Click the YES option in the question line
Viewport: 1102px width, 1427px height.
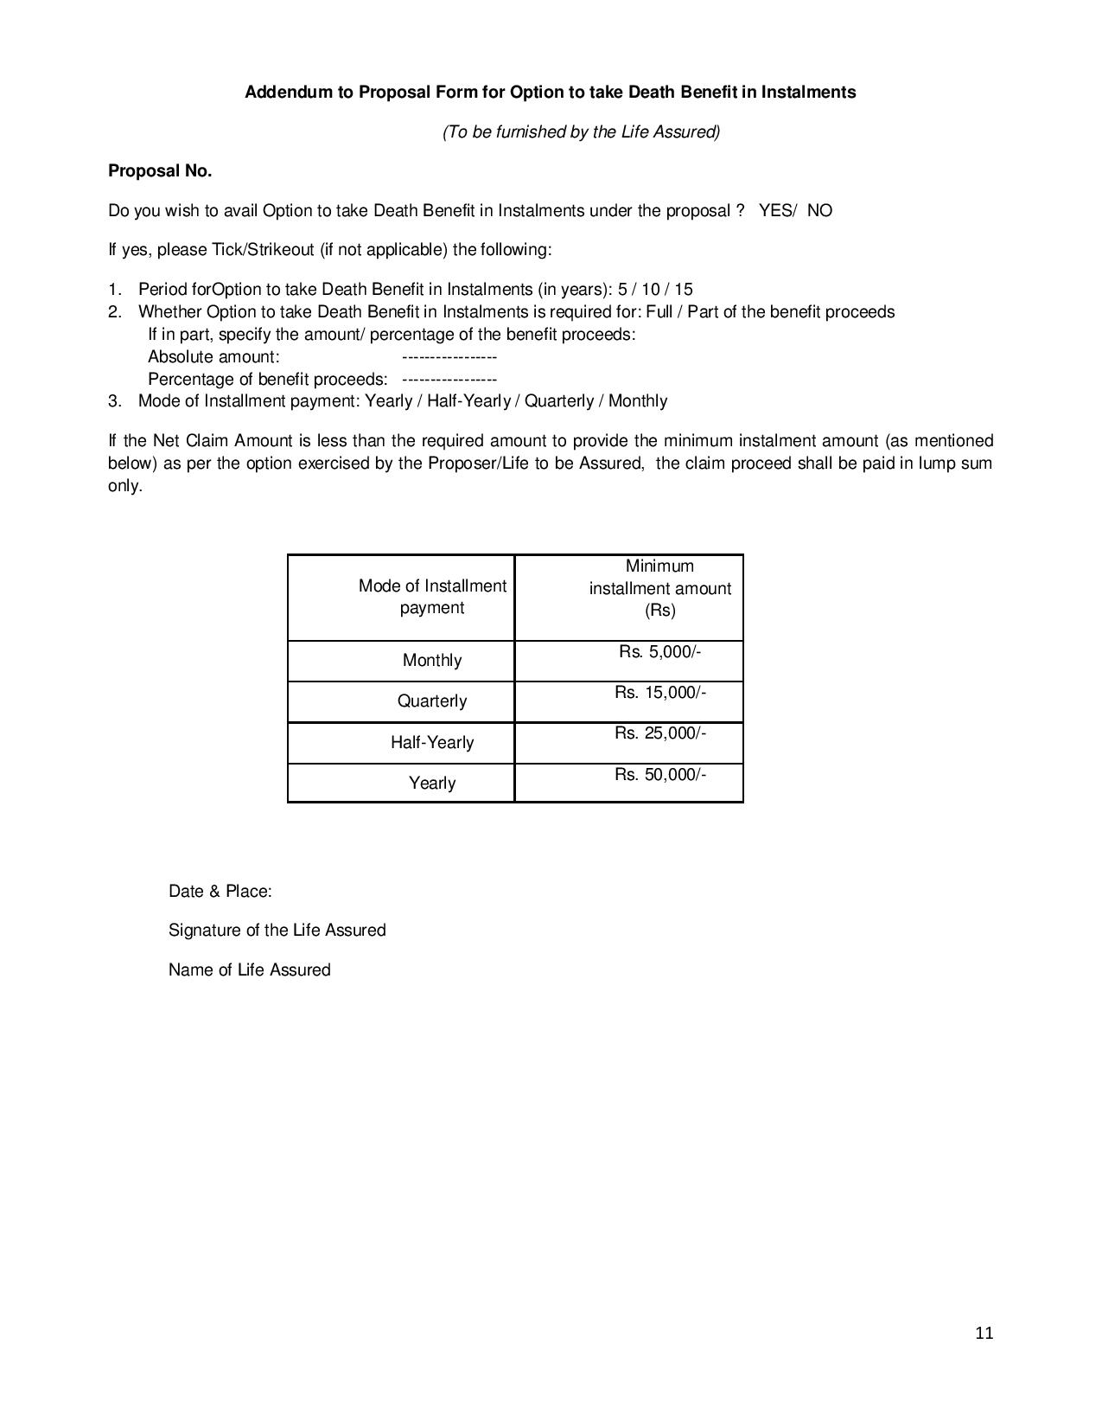coord(774,211)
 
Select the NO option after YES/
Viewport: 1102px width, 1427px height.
coord(819,211)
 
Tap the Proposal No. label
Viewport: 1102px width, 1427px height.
coord(160,171)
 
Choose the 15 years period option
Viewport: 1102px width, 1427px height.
coord(684,290)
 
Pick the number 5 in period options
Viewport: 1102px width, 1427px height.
coord(622,290)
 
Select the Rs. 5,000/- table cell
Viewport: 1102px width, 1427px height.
coord(659,652)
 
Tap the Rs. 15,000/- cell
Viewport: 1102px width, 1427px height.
coord(660,693)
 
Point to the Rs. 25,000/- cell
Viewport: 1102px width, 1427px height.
coord(660,733)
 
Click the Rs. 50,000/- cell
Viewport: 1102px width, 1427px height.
coord(660,775)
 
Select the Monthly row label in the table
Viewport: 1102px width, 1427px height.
coord(432,661)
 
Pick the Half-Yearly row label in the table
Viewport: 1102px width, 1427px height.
coord(432,743)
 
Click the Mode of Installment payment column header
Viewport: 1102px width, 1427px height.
coord(432,597)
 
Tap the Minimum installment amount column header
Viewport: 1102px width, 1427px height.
coord(660,588)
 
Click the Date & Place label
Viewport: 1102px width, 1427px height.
coord(220,892)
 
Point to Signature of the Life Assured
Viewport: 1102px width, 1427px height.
coord(277,931)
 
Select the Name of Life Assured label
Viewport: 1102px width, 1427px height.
coord(249,970)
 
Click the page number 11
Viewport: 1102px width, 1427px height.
coord(984,1333)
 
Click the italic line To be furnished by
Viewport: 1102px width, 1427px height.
coord(581,132)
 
